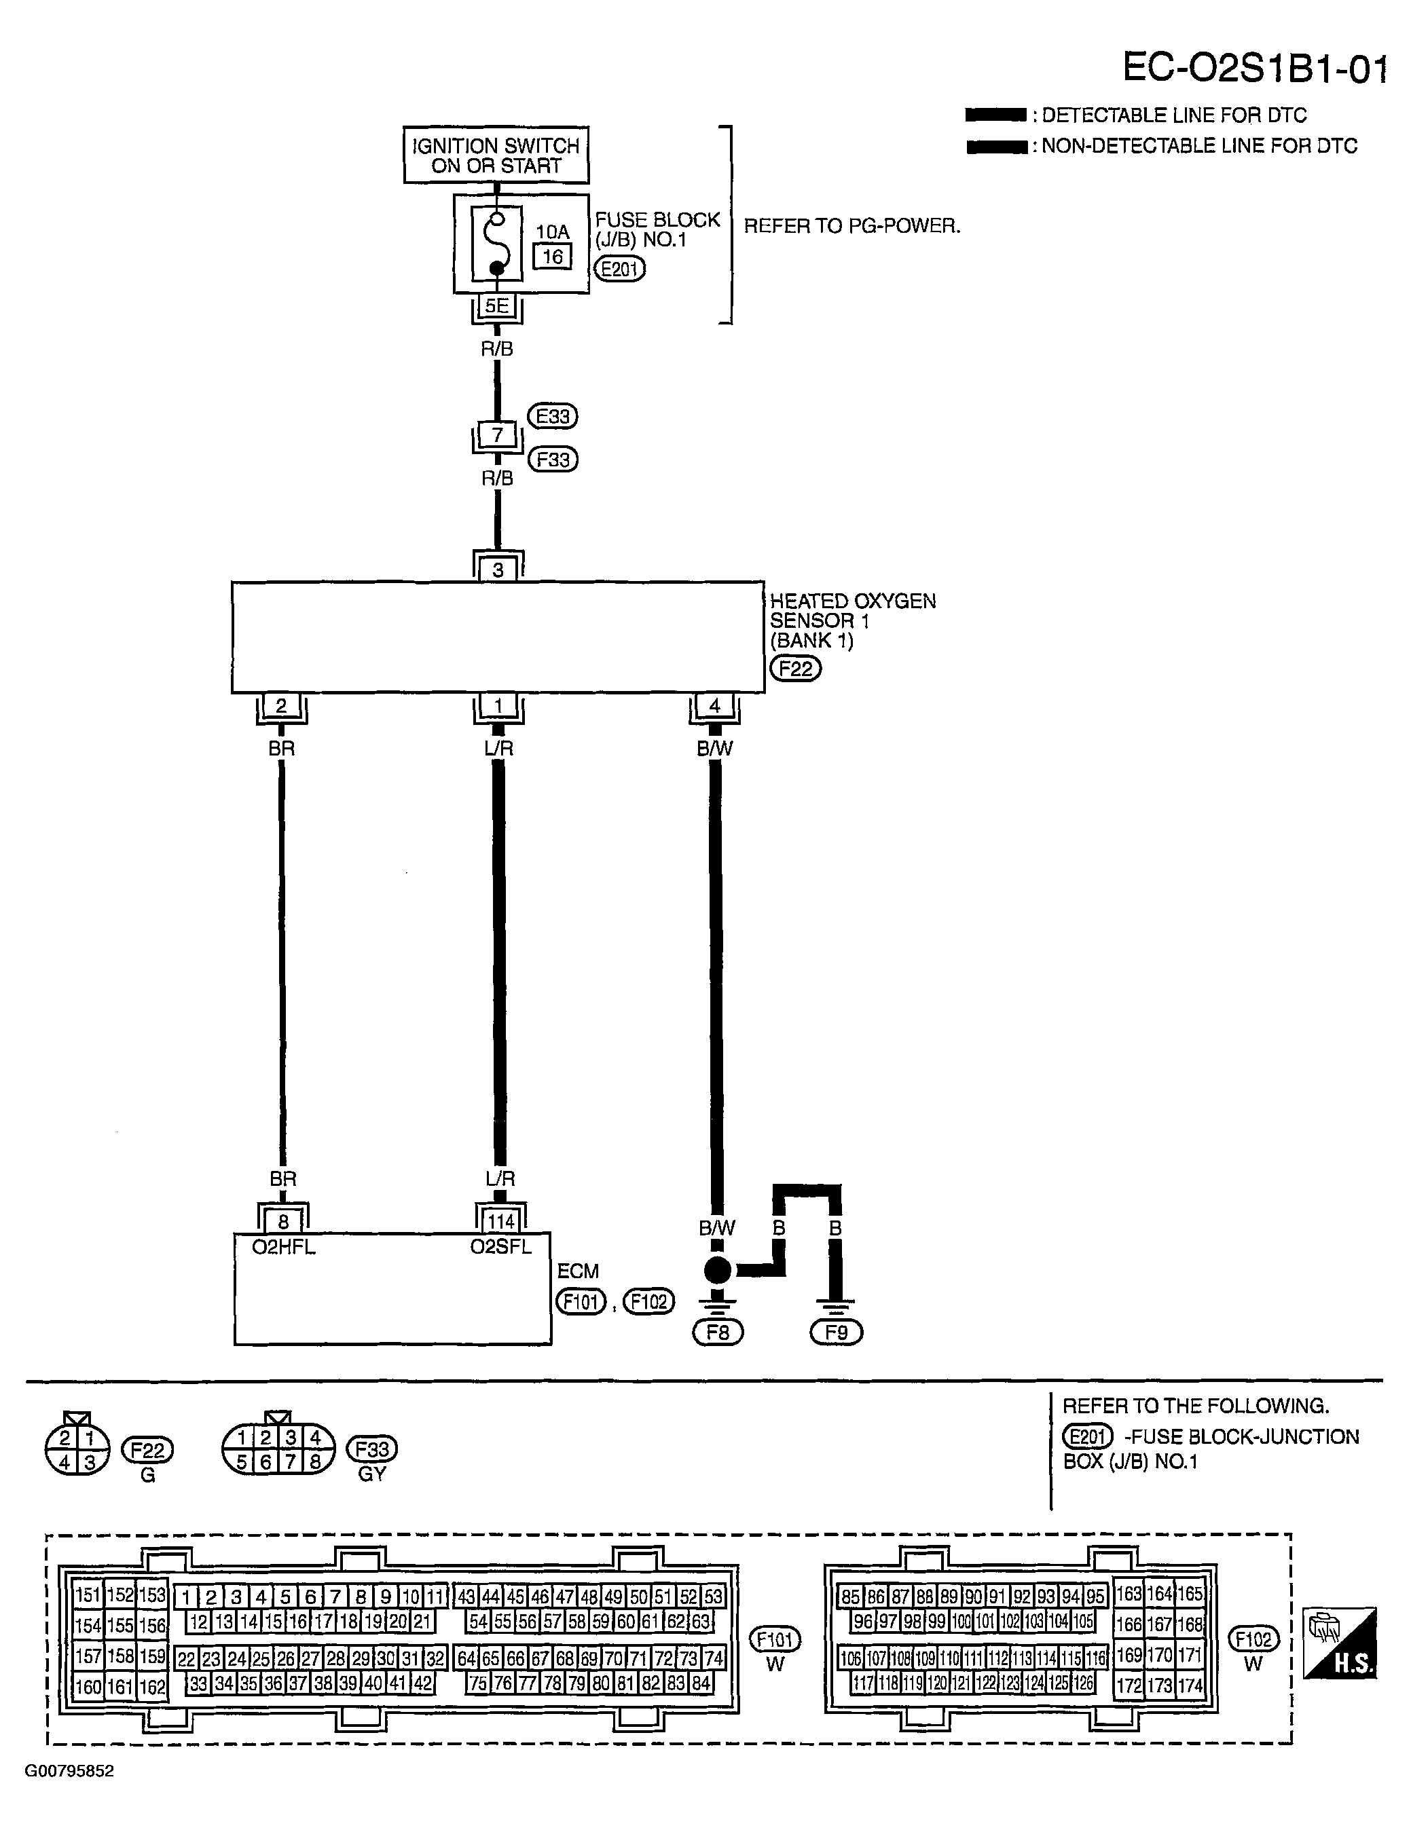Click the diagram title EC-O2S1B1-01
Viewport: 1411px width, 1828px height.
coord(1254,69)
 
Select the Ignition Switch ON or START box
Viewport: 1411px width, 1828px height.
coord(496,155)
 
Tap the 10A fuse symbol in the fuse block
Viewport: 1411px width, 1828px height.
coord(496,244)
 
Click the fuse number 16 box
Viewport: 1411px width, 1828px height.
coord(553,256)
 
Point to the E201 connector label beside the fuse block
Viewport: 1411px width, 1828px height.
coord(620,269)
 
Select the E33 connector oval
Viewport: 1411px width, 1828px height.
coord(553,416)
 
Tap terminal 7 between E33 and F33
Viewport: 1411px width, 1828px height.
coord(498,435)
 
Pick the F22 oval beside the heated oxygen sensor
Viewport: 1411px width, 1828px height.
coord(796,669)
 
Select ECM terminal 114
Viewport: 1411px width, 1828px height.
coord(500,1222)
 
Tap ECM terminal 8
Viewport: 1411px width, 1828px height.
coord(283,1222)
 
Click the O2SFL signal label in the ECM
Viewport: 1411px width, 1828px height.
coord(500,1247)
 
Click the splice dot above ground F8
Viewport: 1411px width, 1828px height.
coord(718,1271)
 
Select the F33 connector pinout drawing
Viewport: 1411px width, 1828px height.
coord(278,1448)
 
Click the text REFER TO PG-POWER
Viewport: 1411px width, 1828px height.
coord(851,226)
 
